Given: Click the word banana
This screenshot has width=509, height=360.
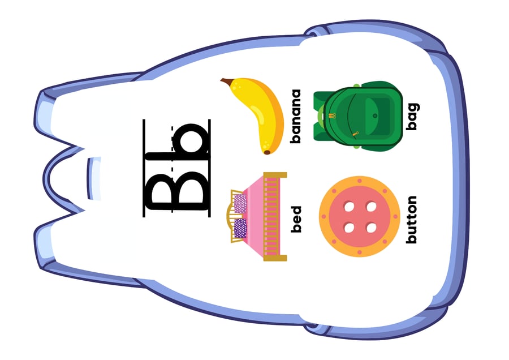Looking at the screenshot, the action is coord(296,116).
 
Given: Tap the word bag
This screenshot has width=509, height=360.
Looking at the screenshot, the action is coord(413,117).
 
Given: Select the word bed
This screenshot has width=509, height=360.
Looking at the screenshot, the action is coord(296,219).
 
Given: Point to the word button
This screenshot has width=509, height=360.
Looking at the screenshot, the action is coord(412,220).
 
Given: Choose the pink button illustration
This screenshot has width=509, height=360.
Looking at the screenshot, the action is coord(359,216).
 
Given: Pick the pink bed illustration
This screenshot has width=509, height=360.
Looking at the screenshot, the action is coord(256,217).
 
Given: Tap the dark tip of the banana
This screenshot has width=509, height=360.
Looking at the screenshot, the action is coord(267,152).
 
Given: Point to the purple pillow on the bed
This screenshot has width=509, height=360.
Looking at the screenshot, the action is coord(240,228).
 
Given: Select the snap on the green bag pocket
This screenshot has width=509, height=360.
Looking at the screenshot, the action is coord(375,115).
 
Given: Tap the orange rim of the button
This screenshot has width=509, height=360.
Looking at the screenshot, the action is coord(325,216).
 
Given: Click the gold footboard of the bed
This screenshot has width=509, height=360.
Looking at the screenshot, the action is coord(275,217).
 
